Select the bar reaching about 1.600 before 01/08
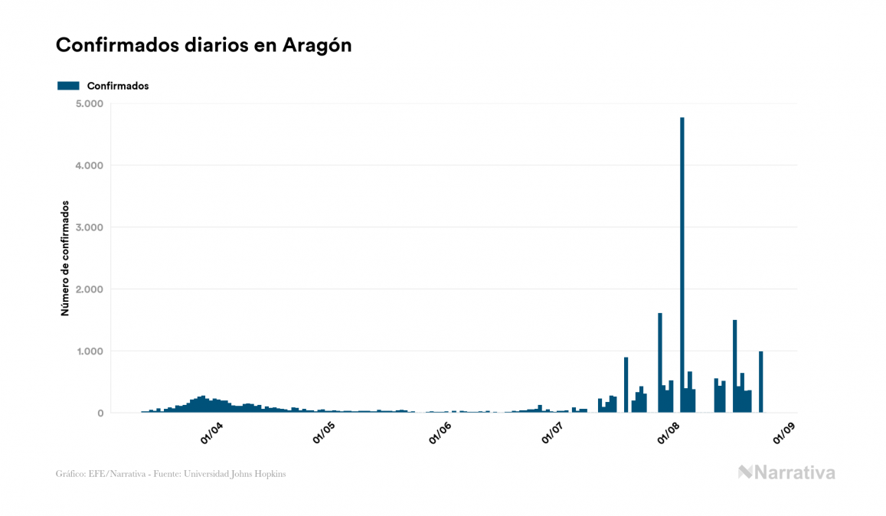point(659,363)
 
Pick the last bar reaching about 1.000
point(760,382)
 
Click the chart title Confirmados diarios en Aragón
point(204,45)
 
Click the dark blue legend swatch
point(68,86)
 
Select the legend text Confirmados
point(118,86)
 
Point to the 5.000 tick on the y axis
point(90,103)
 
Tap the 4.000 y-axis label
point(90,165)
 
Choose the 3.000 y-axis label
point(90,227)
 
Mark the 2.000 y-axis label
point(90,289)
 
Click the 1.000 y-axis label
point(90,351)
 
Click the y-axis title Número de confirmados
point(66,259)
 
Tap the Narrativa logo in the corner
point(786,472)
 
